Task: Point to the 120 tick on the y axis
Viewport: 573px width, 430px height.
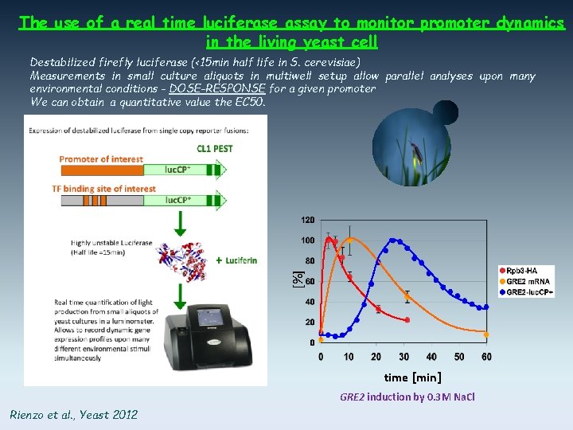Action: click(x=306, y=220)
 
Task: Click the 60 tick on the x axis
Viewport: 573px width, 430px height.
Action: click(x=486, y=357)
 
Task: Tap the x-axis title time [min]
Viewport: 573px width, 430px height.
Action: click(x=412, y=377)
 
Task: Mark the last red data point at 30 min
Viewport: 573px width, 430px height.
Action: click(x=407, y=320)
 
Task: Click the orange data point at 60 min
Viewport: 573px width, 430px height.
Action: click(x=487, y=334)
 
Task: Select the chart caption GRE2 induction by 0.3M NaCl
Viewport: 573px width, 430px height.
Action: click(x=407, y=397)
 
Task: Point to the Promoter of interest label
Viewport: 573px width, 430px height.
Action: click(x=101, y=159)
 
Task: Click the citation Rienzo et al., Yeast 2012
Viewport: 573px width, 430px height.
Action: click(x=73, y=414)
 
